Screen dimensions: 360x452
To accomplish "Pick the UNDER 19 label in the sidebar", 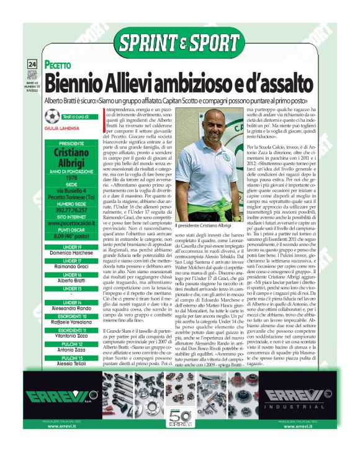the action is coord(69,246).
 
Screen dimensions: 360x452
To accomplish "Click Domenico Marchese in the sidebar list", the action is coord(69,253).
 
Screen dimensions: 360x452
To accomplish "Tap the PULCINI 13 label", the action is coord(69,358).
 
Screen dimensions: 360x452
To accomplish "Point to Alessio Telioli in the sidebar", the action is coord(69,365).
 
